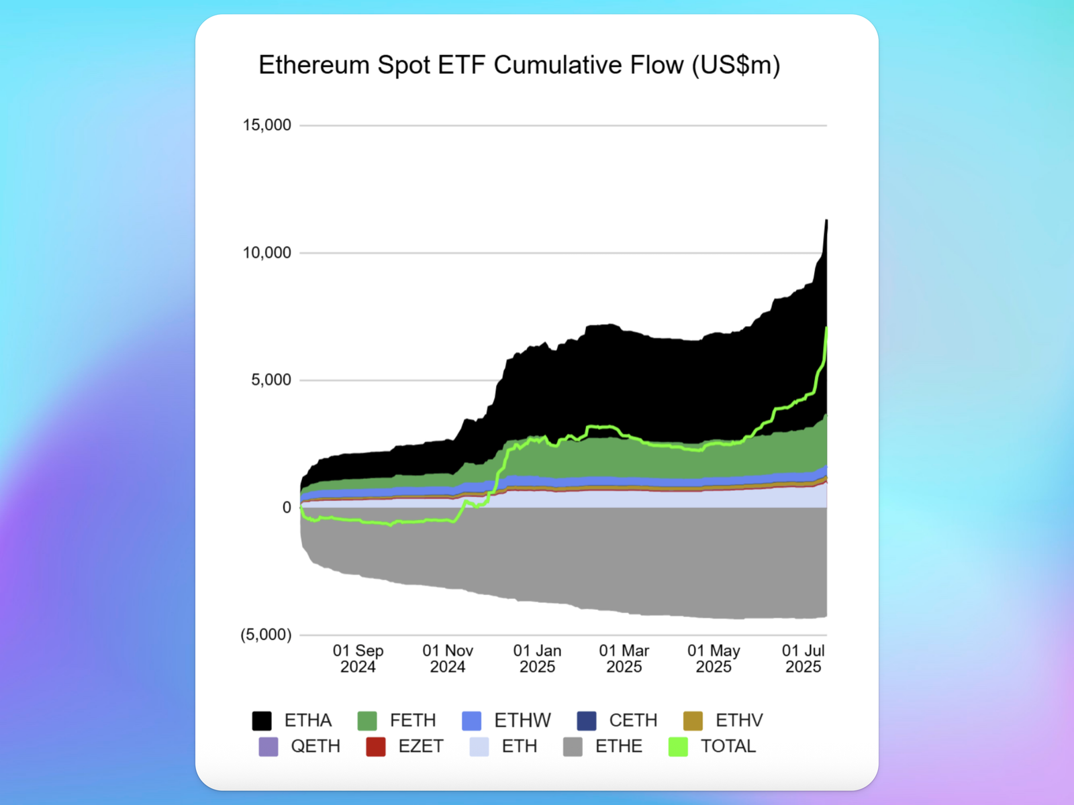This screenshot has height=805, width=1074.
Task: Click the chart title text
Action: pos(519,65)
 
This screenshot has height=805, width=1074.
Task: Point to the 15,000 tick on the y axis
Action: pos(267,125)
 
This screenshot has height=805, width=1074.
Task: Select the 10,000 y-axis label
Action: pos(267,253)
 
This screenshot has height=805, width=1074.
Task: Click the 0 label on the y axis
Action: pos(287,508)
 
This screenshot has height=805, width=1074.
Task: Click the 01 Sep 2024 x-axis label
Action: pos(358,659)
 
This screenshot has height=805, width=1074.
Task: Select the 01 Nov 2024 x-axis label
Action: pos(448,659)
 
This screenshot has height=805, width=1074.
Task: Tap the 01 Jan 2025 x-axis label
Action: pos(537,659)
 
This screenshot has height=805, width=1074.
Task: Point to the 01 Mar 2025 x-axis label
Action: pos(624,659)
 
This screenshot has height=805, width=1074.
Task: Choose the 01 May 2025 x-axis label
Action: pos(714,659)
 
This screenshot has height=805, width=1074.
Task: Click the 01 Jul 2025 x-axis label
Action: pos(803,659)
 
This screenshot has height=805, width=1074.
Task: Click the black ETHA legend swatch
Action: pos(262,720)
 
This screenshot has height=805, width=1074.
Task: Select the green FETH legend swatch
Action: pos(367,720)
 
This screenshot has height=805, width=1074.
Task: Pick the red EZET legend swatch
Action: pos(376,747)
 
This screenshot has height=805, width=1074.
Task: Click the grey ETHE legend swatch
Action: pos(573,747)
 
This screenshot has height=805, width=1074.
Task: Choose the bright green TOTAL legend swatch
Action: pos(678,747)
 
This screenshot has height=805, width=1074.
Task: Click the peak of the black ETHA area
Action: pos(826,221)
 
